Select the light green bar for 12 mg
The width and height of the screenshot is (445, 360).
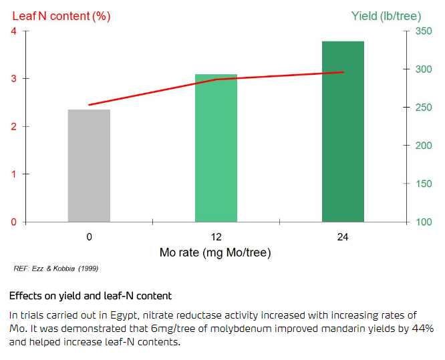(216, 148)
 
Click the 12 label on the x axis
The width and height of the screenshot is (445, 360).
(216, 237)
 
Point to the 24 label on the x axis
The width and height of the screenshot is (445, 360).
(343, 237)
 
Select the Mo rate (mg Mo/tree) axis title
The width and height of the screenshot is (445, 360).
(215, 253)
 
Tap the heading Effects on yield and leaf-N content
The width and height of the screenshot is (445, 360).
(90, 295)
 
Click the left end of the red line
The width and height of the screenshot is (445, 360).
(90, 105)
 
